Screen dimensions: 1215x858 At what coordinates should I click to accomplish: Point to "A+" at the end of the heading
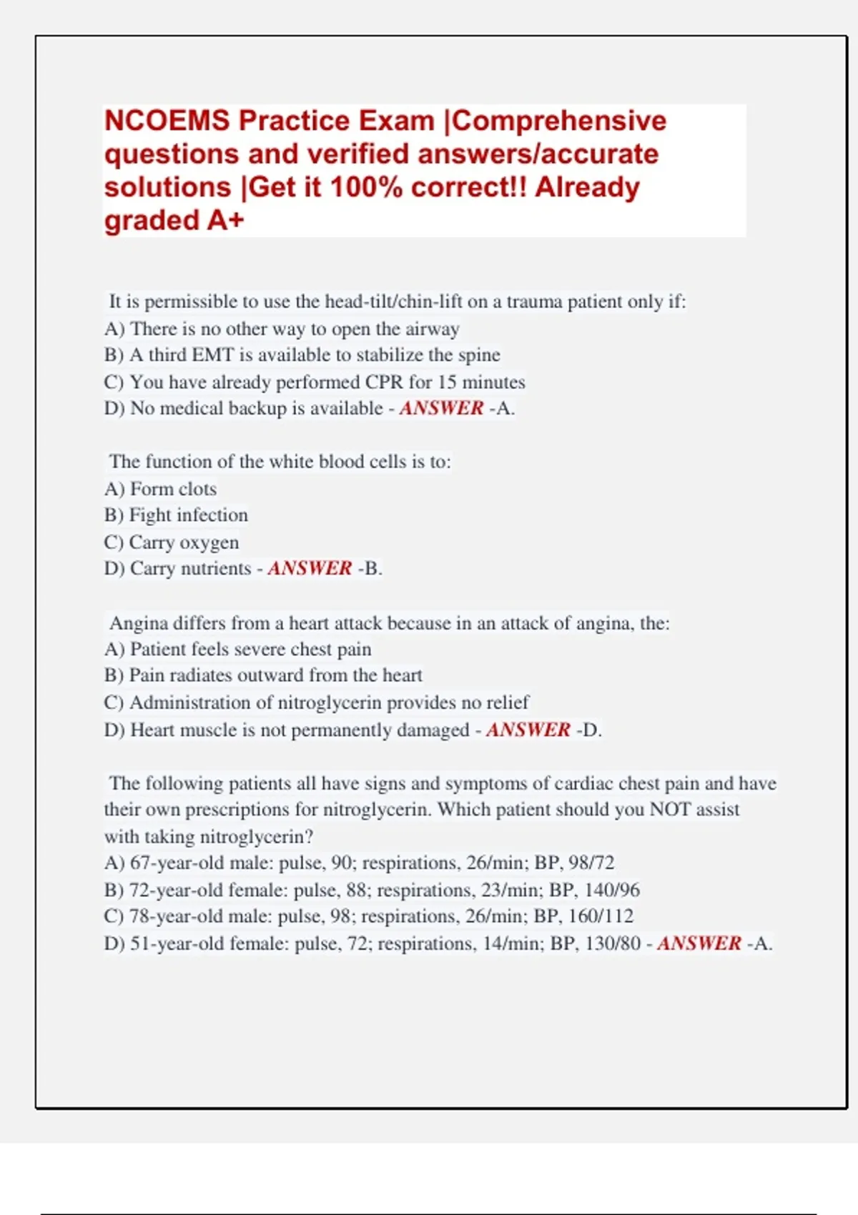coord(225,220)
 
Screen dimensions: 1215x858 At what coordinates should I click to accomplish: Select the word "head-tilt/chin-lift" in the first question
coord(393,302)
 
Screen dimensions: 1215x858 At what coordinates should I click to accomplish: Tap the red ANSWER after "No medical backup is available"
coord(441,408)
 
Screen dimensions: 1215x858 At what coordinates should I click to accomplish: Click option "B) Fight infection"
coord(176,515)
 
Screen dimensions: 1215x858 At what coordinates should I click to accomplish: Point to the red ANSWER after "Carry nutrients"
coord(310,568)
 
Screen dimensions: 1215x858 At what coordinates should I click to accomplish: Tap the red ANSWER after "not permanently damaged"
coord(528,730)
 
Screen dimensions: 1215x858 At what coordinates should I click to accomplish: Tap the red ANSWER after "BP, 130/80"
coord(699,943)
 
